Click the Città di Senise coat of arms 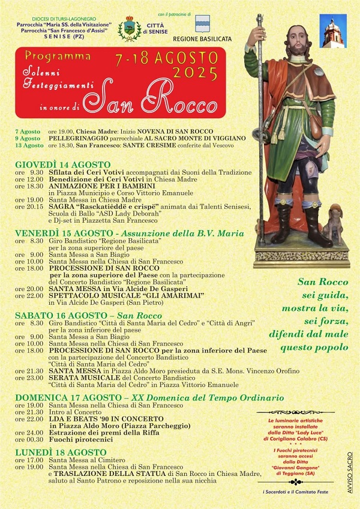129,28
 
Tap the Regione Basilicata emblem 203,23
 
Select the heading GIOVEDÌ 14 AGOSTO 63,164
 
